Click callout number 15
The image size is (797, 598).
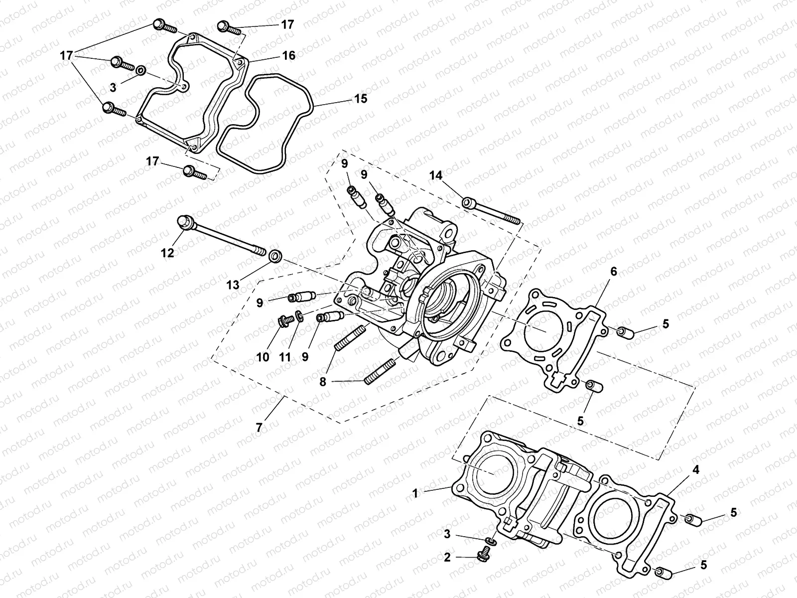point(361,99)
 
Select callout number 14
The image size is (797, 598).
point(436,175)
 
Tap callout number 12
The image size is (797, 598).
point(167,253)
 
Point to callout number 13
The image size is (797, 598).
point(233,285)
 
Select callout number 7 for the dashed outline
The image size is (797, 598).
point(259,428)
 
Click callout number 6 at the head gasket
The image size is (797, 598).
point(613,271)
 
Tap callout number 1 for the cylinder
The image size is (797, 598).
point(414,493)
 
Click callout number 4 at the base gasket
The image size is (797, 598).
point(695,469)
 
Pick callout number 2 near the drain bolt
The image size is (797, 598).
point(447,558)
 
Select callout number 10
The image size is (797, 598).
point(263,357)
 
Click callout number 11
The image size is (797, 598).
point(284,357)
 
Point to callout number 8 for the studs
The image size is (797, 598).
point(323,382)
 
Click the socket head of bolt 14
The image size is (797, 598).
point(468,203)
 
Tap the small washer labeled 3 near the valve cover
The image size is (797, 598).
point(140,70)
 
